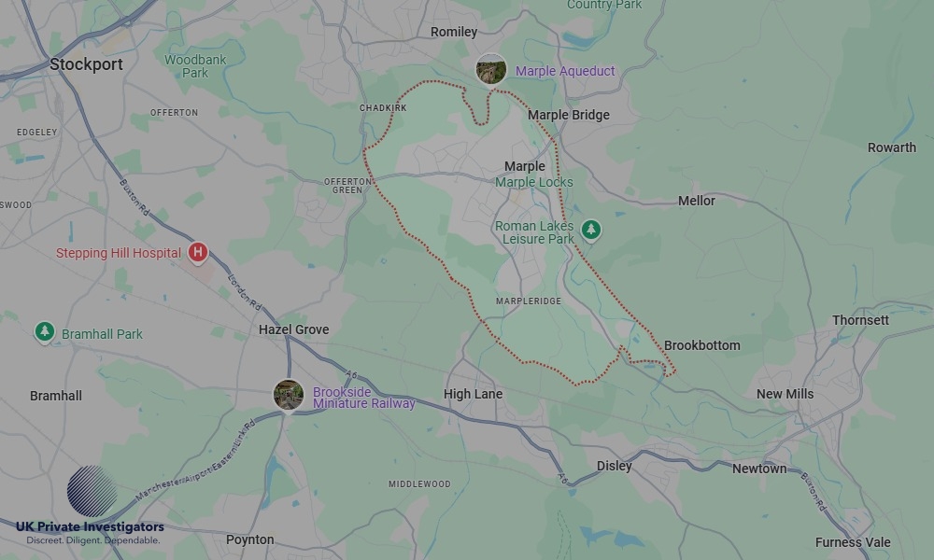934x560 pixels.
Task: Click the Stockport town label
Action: pos(86,64)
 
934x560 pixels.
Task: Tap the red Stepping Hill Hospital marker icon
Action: pos(197,253)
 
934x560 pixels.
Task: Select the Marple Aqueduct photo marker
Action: pos(491,70)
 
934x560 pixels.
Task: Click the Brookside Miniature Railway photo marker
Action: pos(288,395)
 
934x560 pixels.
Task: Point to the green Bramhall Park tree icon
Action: pos(44,332)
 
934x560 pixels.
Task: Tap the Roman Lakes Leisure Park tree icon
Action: pos(590,230)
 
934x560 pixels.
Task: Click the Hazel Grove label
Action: pos(293,329)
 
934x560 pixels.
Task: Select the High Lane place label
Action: pos(473,394)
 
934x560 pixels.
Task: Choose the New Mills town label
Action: pos(785,394)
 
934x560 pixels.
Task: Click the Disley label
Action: pos(614,466)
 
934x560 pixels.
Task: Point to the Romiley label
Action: pos(454,32)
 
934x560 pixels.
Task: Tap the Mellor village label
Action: pos(696,201)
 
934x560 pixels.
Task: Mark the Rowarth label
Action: pos(891,147)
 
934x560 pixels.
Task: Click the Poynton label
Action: pos(249,539)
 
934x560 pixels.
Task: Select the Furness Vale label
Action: pos(852,542)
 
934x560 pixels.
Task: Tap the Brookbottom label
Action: pos(701,345)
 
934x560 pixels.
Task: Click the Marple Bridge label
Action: pos(568,115)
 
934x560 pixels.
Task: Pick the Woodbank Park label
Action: pos(195,66)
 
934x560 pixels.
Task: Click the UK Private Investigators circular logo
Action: pos(92,491)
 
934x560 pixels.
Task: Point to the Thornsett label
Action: pos(860,320)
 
